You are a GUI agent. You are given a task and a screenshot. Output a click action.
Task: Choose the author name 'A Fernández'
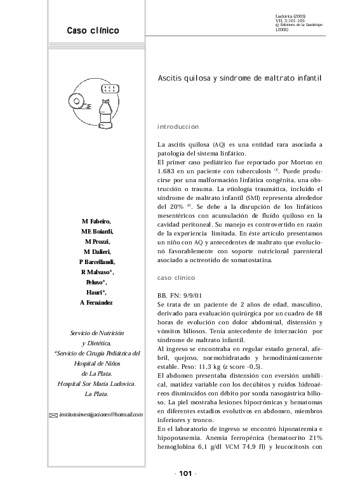(97, 303)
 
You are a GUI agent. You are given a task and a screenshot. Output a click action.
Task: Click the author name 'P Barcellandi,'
(97, 262)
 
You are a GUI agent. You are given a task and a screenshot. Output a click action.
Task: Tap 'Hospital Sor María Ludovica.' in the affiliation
(97, 384)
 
